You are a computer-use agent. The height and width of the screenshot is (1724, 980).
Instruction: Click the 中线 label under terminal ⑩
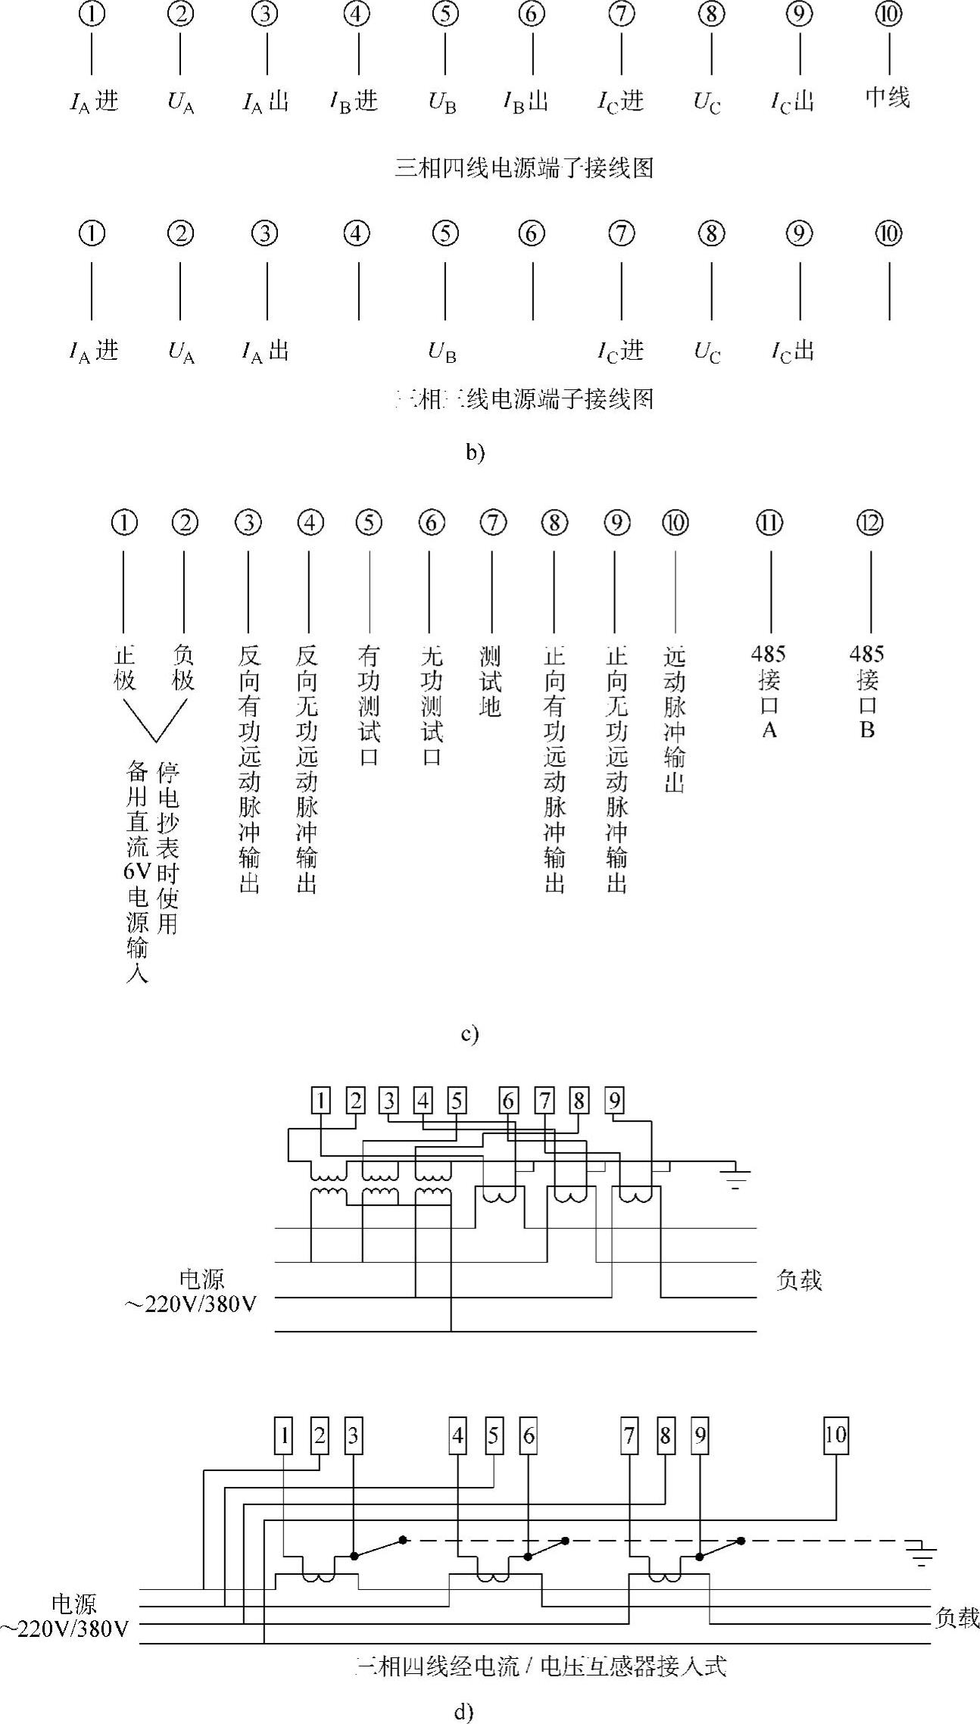pyautogui.click(x=888, y=98)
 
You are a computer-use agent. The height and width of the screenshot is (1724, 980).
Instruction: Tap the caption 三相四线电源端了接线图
pyautogui.click(x=524, y=167)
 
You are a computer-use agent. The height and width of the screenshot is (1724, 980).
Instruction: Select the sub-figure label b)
pyautogui.click(x=475, y=452)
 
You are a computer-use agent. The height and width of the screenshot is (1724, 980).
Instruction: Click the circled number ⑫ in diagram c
pyautogui.click(x=869, y=523)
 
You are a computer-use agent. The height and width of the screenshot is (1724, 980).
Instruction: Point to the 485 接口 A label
pyautogui.click(x=769, y=691)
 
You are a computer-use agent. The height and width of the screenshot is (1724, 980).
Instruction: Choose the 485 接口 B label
pyautogui.click(x=867, y=691)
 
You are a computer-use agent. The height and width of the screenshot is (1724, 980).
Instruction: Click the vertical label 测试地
pyautogui.click(x=491, y=681)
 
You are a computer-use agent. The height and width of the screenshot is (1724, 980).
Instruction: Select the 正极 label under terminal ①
pyautogui.click(x=125, y=667)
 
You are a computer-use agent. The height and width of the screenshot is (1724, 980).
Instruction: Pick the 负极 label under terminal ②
pyautogui.click(x=183, y=667)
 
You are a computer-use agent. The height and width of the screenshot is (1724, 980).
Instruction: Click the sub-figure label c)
pyautogui.click(x=470, y=1034)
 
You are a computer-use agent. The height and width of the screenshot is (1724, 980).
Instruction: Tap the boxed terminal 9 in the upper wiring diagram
pyautogui.click(x=615, y=1101)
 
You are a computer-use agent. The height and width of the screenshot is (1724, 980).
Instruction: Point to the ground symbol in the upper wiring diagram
pyautogui.click(x=734, y=1178)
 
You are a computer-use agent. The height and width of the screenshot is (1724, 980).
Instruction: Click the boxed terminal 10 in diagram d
pyautogui.click(x=835, y=1435)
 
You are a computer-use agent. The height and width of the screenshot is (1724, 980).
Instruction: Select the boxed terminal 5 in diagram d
pyautogui.click(x=494, y=1435)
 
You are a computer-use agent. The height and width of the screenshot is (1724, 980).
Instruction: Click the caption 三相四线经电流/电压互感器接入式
pyautogui.click(x=540, y=1666)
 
